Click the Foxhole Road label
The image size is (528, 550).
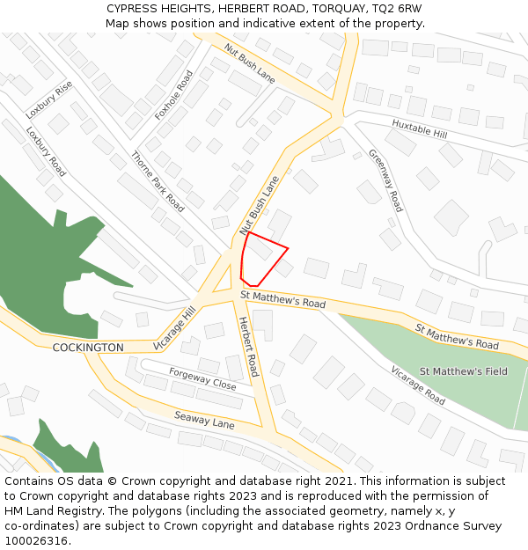pos(173,95)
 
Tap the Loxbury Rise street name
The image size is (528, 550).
pos(49,100)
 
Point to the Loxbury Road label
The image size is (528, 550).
pos(46,152)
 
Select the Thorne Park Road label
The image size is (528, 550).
pos(158,182)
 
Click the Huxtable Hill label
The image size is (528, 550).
pos(420,129)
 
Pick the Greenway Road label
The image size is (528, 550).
pos(385,180)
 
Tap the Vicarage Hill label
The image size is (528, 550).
pos(174,328)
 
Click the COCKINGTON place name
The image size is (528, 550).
pos(88,348)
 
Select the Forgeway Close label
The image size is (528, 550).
pos(202,379)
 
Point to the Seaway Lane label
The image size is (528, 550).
pos(204,420)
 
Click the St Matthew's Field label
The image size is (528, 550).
pos(463,371)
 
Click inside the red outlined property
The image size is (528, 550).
pos(261,259)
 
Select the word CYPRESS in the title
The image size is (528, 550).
pos(135,8)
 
